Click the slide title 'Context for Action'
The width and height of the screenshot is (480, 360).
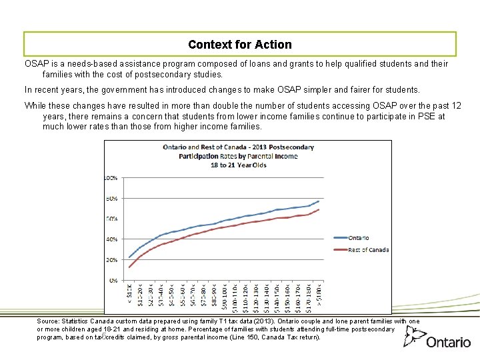tap(240, 45)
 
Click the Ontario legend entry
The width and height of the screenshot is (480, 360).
tap(358, 238)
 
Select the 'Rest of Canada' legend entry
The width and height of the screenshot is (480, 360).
tap(368, 250)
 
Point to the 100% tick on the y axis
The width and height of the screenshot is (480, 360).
tap(110, 178)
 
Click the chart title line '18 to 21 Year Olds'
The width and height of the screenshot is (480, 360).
tap(238, 165)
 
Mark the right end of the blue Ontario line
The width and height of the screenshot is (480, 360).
tap(319, 201)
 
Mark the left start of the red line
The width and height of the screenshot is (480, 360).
tap(129, 267)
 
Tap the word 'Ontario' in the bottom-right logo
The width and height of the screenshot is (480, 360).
tap(449, 342)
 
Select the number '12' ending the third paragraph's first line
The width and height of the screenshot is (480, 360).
tap(455, 106)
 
